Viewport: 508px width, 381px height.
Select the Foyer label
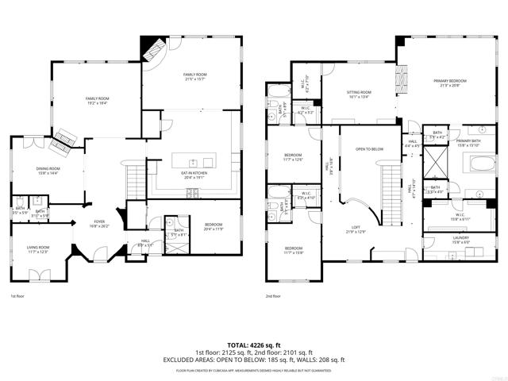(x=99, y=224)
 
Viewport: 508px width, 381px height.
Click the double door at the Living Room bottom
(x=38, y=275)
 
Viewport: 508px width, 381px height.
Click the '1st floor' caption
(x=17, y=297)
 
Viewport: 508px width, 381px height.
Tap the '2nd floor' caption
(x=275, y=297)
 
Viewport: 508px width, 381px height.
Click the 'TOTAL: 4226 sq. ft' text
(x=253, y=344)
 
